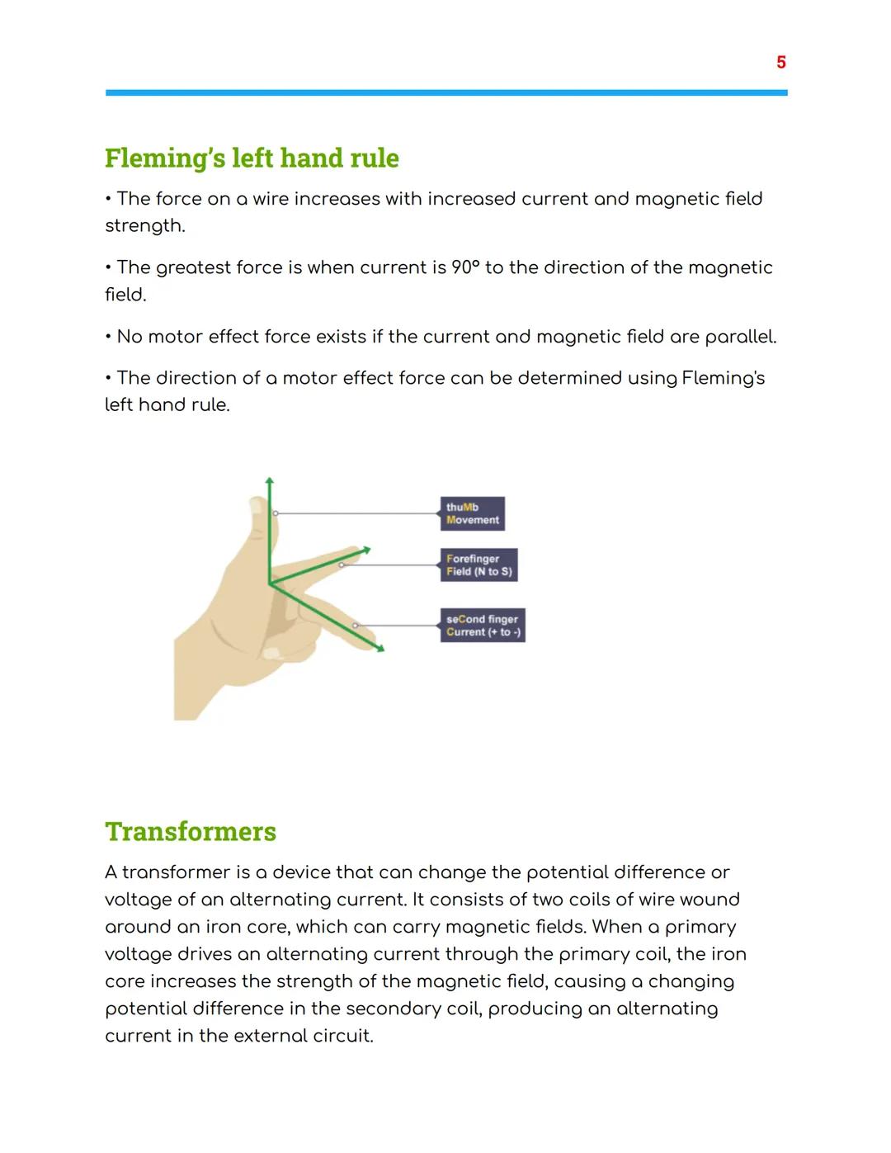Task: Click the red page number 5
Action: [780, 63]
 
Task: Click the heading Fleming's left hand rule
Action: [252, 158]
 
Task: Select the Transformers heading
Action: [191, 831]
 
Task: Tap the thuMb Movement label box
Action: [472, 513]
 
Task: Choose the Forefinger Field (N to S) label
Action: [478, 565]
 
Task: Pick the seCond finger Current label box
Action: [483, 626]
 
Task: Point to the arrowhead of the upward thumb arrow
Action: [270, 480]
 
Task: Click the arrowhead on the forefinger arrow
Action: [366, 549]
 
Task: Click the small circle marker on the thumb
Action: [276, 513]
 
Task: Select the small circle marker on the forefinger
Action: [342, 565]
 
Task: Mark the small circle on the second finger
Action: [356, 626]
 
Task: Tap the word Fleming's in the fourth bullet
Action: [724, 378]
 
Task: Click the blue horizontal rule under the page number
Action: [446, 93]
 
